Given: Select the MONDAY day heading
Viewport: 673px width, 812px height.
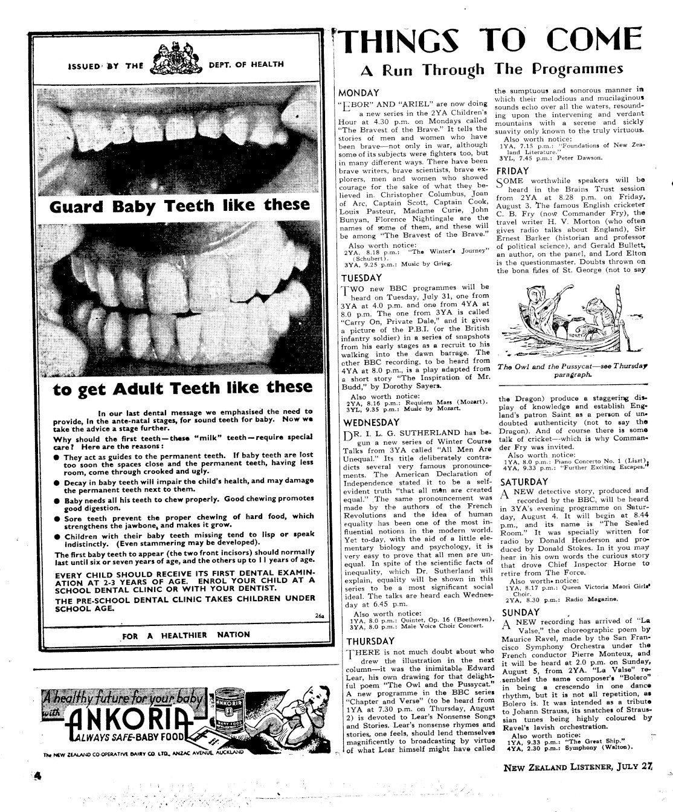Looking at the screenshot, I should click(x=359, y=93).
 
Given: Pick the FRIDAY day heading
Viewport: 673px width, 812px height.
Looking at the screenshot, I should click(x=513, y=171).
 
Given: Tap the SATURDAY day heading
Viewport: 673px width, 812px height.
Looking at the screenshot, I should click(x=524, y=482).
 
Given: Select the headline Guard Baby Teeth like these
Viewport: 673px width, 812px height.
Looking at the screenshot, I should click(x=180, y=206).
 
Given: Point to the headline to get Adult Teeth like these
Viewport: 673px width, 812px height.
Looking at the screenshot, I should click(x=183, y=387).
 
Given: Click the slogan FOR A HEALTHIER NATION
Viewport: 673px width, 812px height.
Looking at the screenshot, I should click(x=186, y=634).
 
